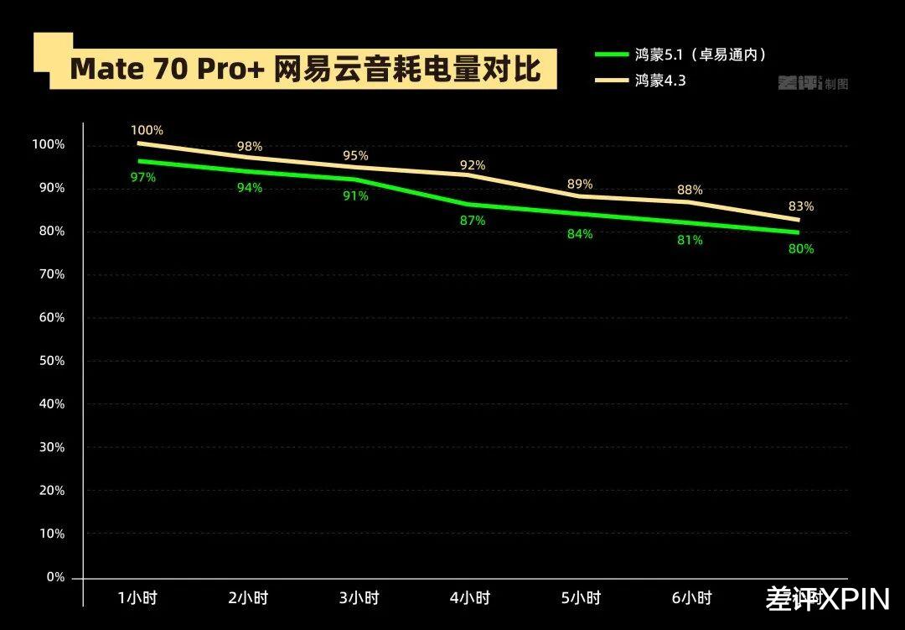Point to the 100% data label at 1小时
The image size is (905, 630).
click(x=147, y=130)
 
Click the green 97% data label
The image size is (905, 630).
click(x=142, y=177)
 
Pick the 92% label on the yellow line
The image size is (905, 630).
click(x=473, y=165)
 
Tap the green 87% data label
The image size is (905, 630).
click(x=473, y=221)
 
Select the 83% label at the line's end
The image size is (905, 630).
click(x=801, y=206)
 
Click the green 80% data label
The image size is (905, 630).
click(x=800, y=248)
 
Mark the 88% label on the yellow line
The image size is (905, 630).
click(x=690, y=190)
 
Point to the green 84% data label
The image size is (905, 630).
click(x=579, y=234)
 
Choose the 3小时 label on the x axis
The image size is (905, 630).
click(x=359, y=598)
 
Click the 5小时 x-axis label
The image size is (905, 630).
click(x=580, y=598)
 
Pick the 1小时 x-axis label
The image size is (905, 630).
click(x=137, y=598)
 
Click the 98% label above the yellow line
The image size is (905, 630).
click(x=249, y=147)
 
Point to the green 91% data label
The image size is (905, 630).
click(x=356, y=195)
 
